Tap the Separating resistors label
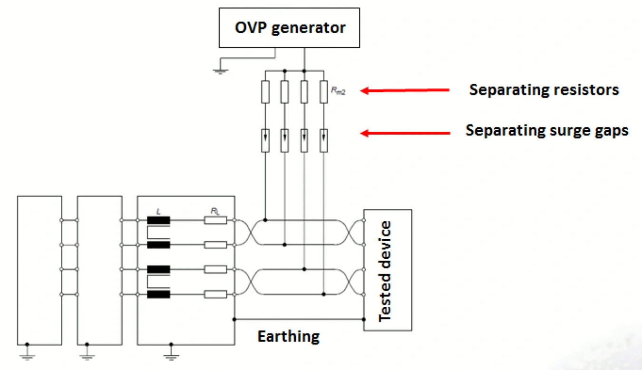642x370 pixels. pyautogui.click(x=544, y=89)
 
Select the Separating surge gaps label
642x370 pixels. pyautogui.click(x=547, y=130)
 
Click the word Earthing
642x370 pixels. pyautogui.click(x=289, y=337)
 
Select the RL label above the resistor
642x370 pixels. pyautogui.click(x=215, y=210)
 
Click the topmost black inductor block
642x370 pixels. pyautogui.click(x=158, y=220)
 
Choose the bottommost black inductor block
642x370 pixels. pyautogui.click(x=158, y=295)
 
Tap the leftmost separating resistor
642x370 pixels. pyautogui.click(x=265, y=92)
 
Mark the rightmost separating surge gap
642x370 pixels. pyautogui.click(x=323, y=141)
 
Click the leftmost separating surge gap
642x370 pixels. pyautogui.click(x=265, y=141)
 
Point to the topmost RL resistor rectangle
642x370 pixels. pyautogui.click(x=215, y=220)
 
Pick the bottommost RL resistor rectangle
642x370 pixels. pyautogui.click(x=215, y=295)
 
